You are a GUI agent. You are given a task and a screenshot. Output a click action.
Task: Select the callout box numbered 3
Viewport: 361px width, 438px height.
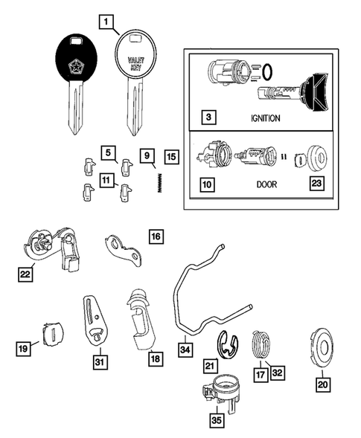[211, 117]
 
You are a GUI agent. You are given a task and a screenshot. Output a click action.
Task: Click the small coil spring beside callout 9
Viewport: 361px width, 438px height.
[159, 181]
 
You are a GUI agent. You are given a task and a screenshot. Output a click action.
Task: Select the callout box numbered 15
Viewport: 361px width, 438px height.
[172, 157]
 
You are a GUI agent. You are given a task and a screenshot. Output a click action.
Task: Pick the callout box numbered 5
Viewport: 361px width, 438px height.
[108, 154]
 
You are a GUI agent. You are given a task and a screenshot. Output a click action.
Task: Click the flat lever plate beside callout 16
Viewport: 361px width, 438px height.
[123, 251]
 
